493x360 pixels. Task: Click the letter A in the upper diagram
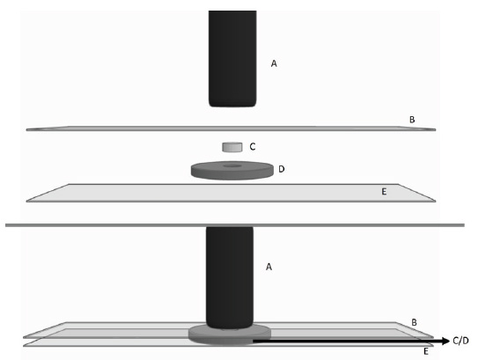coord(274,64)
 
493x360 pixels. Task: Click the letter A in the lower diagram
coord(269,267)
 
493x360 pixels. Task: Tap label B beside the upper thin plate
coord(412,120)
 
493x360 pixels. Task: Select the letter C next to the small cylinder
coord(253,146)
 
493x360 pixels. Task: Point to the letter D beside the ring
coord(282,169)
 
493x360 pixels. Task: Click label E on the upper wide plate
coord(384,192)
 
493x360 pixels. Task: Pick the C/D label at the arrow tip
coord(461,341)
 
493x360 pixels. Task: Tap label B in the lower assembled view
coord(414,322)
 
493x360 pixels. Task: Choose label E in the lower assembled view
coord(426,351)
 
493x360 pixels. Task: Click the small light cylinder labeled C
coord(232,147)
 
